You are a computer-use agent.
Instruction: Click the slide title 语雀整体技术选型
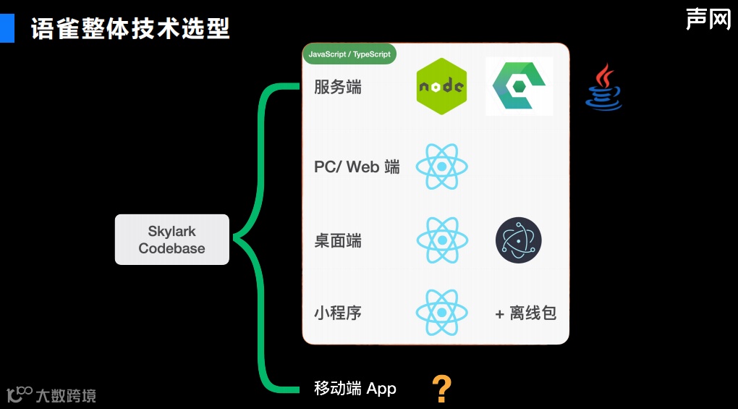[130, 29]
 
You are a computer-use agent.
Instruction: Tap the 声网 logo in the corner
[708, 19]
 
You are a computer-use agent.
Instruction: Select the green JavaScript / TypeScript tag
[349, 54]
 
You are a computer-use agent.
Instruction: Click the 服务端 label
[338, 88]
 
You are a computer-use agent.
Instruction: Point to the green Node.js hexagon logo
[441, 86]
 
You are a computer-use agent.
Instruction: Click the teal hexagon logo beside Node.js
[519, 86]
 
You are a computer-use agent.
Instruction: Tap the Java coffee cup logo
[603, 88]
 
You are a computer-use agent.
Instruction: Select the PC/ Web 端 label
[357, 167]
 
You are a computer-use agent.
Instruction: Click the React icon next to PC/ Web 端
[441, 166]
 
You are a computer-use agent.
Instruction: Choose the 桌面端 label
[338, 240]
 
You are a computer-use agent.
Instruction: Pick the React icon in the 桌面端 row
[441, 240]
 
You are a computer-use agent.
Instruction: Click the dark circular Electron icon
[518, 240]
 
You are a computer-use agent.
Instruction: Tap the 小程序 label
[338, 313]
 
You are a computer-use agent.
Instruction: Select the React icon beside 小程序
[441, 313]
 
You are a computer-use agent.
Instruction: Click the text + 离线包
[525, 313]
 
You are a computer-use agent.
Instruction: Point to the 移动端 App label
[355, 389]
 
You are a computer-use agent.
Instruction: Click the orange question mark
[441, 389]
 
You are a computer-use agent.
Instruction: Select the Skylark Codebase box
[172, 240]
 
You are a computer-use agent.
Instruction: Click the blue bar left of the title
[7, 28]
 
